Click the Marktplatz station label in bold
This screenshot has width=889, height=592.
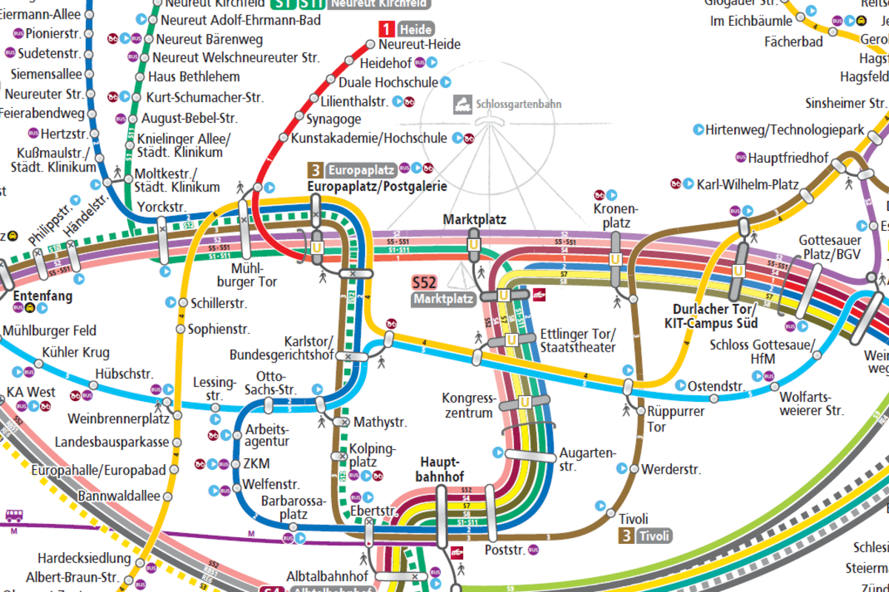(x=474, y=220)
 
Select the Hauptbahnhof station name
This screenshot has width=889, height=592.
(x=442, y=468)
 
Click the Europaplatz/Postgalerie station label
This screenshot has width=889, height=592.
(x=377, y=186)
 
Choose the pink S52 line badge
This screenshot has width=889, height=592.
(x=424, y=282)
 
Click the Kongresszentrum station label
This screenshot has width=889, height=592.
(x=467, y=406)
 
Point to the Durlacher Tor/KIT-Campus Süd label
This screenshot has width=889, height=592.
(x=715, y=316)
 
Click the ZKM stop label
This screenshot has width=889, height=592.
(x=256, y=464)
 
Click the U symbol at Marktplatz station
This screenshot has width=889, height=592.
(x=473, y=245)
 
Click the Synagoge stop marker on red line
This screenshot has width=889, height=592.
(x=301, y=118)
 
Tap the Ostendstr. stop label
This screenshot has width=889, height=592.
(x=716, y=386)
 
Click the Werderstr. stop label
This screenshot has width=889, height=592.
(x=670, y=469)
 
